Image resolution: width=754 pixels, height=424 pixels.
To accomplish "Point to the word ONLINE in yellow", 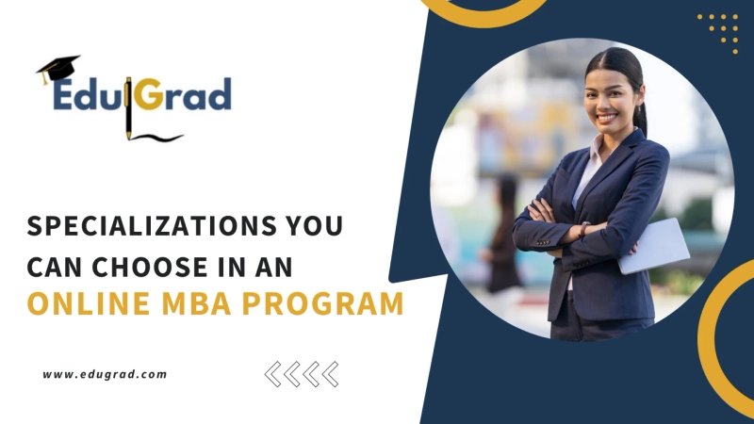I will (x=80, y=305).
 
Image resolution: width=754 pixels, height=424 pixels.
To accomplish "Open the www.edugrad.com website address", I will (x=105, y=374).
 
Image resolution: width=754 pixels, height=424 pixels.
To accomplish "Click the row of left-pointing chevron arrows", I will (x=302, y=374).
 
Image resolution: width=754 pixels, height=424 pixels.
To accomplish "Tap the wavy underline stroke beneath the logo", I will (x=158, y=138).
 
